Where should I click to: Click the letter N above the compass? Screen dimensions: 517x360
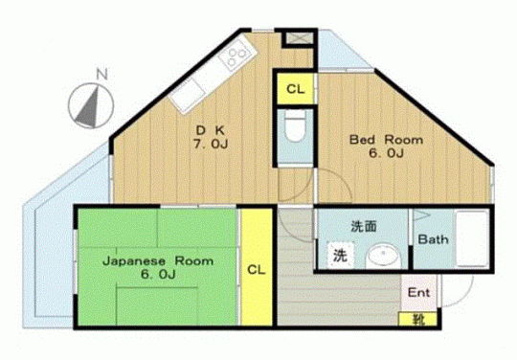click(x=102, y=75)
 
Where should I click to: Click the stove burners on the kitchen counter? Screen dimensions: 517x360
click(x=236, y=57)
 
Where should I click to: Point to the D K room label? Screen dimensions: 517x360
click(x=211, y=130)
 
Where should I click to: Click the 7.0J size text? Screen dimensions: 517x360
click(x=211, y=144)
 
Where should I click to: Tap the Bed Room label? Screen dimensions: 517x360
click(x=386, y=140)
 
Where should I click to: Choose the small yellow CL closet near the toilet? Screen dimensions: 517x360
click(x=295, y=88)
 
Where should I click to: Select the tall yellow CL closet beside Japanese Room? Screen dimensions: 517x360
click(x=257, y=267)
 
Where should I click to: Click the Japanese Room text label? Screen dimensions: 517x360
click(x=158, y=261)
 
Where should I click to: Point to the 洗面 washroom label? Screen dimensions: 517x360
click(x=364, y=227)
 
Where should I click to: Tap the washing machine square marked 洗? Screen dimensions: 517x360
click(x=340, y=255)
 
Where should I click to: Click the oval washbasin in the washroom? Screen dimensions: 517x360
click(x=384, y=256)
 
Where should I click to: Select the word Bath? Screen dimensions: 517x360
click(x=433, y=239)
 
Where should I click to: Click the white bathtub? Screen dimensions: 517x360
click(x=472, y=238)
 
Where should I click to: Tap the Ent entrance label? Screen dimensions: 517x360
click(x=418, y=292)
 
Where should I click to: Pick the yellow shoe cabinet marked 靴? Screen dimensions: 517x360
click(x=417, y=319)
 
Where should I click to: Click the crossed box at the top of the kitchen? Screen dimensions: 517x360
click(x=299, y=38)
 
